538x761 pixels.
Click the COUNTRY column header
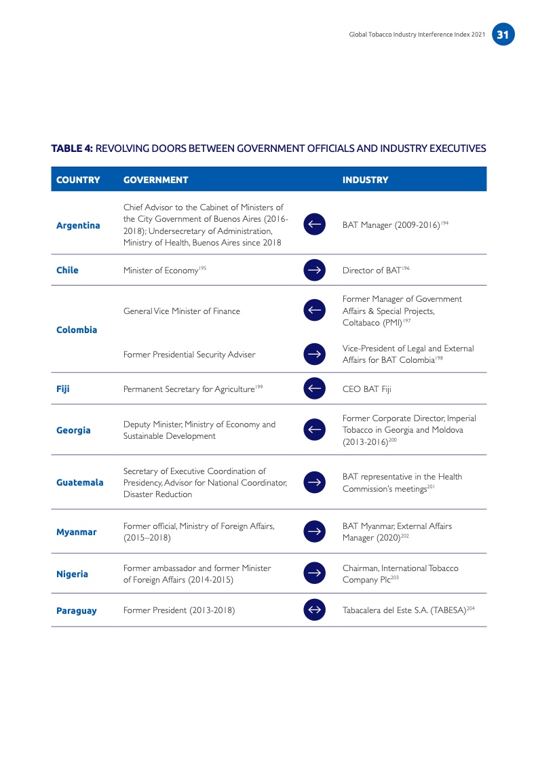(77, 180)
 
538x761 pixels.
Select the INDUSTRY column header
(365, 180)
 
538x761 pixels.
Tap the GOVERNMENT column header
(155, 180)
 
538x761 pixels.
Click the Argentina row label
(77, 225)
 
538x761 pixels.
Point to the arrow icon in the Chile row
(314, 270)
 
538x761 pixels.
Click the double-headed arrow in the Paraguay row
(314, 610)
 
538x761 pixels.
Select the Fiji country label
(63, 389)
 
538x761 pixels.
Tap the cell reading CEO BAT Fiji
(366, 389)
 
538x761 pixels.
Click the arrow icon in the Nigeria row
(314, 573)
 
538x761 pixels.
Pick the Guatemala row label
(79, 482)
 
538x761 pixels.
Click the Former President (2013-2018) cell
(179, 610)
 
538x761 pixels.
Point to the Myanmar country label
(76, 532)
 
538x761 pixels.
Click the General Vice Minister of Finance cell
(182, 311)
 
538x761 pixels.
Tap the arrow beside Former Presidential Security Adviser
(314, 353)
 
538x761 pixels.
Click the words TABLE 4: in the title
(72, 148)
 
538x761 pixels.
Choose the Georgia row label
(73, 430)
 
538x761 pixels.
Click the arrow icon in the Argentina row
(314, 225)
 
